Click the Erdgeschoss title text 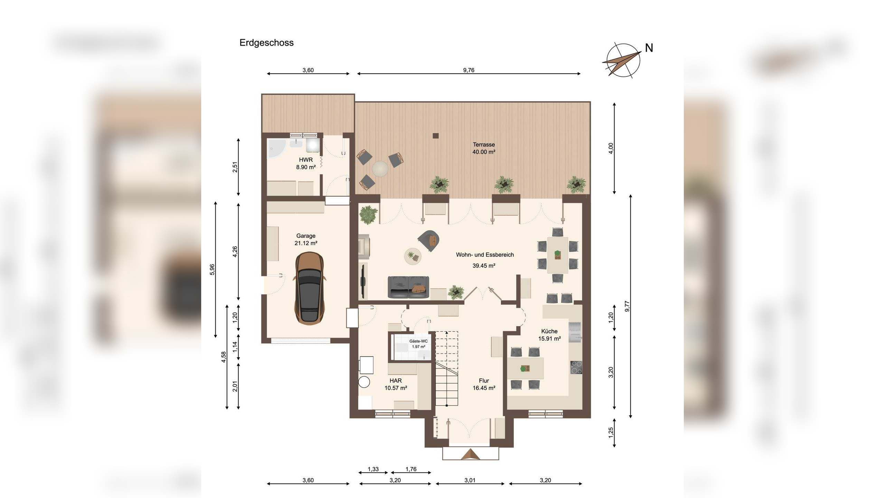coord(267,43)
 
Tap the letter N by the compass coord(649,48)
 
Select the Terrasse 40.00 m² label coord(484,148)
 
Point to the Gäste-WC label coord(418,344)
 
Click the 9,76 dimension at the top coord(469,70)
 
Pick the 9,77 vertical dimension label coord(627,306)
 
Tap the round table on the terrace coord(380,169)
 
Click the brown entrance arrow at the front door coord(471,454)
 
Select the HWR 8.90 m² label coord(306,163)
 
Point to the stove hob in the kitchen coord(576,367)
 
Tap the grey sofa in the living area coord(408,287)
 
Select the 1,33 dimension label coord(373,469)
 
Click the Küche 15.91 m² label coord(549,335)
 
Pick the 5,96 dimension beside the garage coord(212,270)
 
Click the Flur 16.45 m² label coord(484,384)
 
